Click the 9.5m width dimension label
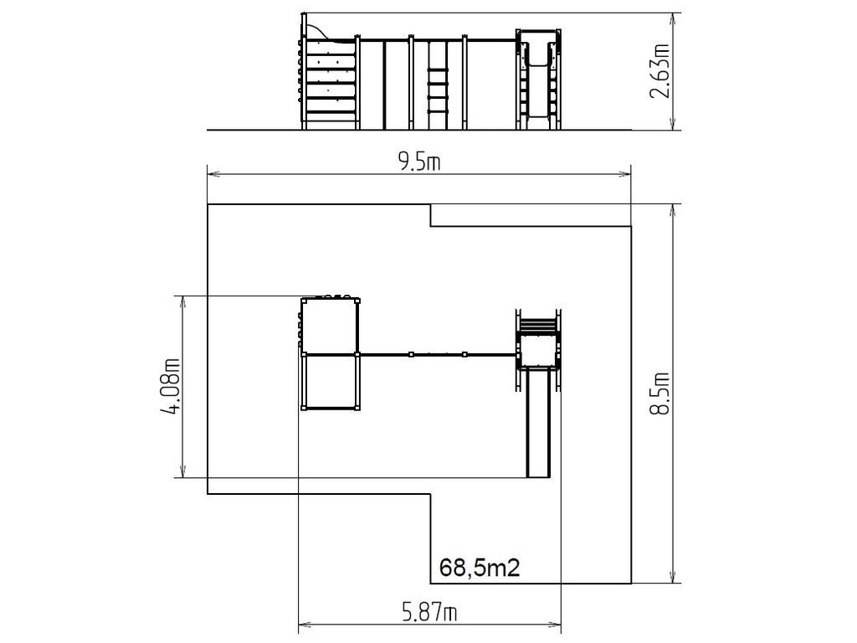click(418, 162)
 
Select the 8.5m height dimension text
click(660, 394)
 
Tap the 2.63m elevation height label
click(660, 71)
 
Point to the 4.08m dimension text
click(171, 386)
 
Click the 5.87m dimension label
click(429, 612)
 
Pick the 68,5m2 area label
click(480, 568)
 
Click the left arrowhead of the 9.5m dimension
click(213, 174)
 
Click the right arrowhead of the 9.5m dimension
click(624, 174)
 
